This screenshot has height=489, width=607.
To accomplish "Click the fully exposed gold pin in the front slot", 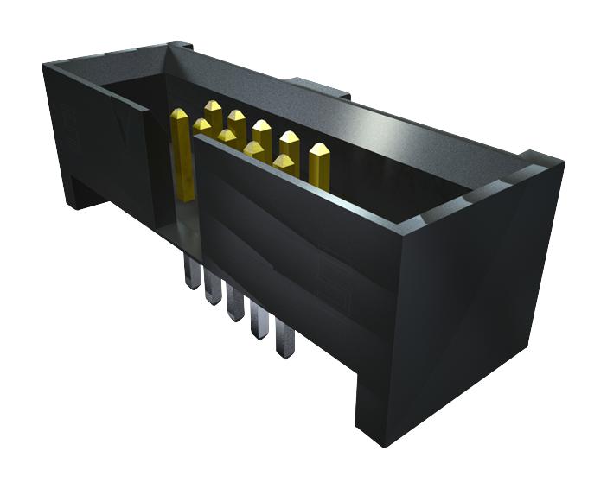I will pos(182,156).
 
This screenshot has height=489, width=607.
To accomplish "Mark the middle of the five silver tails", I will pos(234,304).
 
